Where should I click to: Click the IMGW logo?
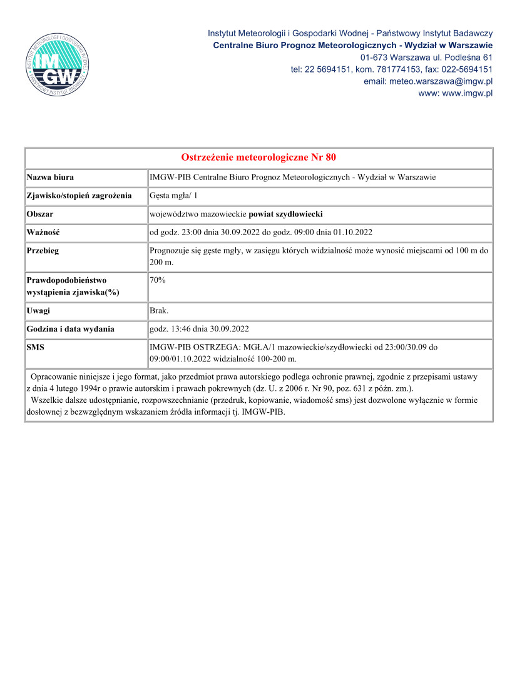click(58, 64)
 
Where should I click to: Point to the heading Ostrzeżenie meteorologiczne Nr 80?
click(258, 157)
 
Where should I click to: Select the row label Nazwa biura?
click(50, 178)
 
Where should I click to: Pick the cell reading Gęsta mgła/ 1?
click(174, 196)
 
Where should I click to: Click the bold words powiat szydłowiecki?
click(286, 214)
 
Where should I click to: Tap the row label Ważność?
click(43, 232)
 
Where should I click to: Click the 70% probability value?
click(158, 280)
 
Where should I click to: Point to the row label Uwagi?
click(38, 310)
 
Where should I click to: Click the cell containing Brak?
click(159, 310)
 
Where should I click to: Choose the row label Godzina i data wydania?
click(70, 328)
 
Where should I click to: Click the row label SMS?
click(35, 347)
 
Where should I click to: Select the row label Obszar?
click(40, 214)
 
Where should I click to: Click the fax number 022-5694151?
click(467, 69)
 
